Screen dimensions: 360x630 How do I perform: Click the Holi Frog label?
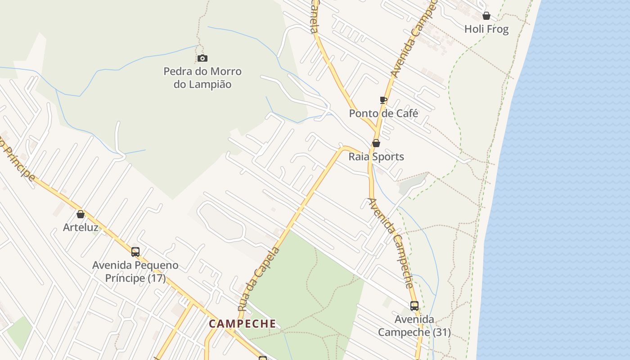click(486, 29)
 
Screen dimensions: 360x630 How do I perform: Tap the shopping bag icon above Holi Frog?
click(486, 16)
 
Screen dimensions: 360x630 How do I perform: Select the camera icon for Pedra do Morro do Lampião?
click(202, 58)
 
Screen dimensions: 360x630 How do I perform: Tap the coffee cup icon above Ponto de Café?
click(383, 100)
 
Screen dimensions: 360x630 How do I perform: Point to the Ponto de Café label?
click(383, 113)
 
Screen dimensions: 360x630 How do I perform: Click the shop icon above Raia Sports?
click(376, 144)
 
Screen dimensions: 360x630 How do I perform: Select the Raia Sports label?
click(376, 157)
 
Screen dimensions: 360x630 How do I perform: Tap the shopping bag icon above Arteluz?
click(81, 214)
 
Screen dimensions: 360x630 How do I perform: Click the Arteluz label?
click(81, 227)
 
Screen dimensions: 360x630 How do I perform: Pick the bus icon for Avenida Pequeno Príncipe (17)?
click(135, 252)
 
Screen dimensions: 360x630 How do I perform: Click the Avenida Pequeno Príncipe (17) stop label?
click(135, 271)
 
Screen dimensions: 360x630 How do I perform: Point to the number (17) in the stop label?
click(157, 278)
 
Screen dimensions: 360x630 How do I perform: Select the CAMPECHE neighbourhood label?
click(243, 324)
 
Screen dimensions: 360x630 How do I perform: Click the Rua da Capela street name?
click(259, 279)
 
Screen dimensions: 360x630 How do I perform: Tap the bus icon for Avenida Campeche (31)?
click(414, 306)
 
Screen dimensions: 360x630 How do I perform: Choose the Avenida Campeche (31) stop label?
click(414, 326)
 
